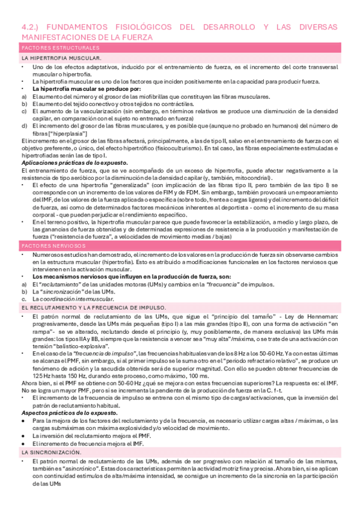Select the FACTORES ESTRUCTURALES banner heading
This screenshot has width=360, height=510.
(60, 48)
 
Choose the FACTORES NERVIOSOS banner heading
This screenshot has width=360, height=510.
(53, 247)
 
